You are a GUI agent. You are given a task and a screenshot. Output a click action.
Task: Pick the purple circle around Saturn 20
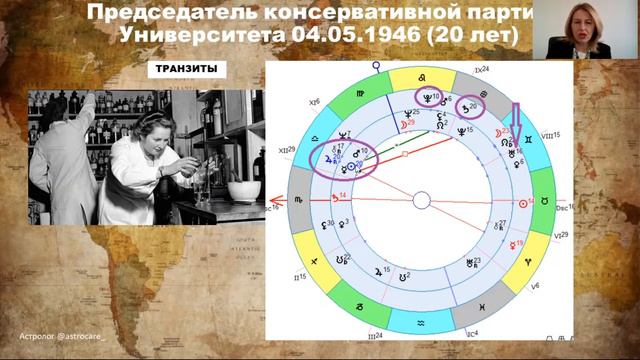(x=468, y=107)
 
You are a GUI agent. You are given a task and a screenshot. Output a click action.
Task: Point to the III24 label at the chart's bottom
(x=375, y=336)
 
